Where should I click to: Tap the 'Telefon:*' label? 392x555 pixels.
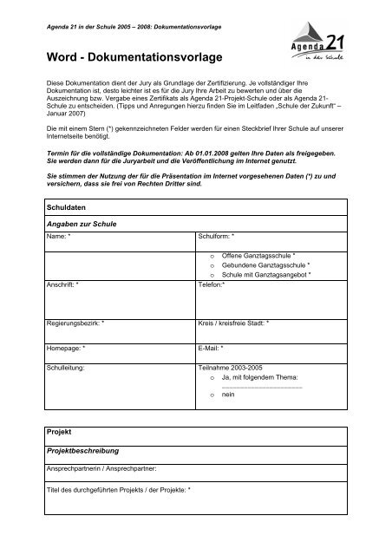212,284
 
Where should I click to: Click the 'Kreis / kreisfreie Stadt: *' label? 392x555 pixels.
233,323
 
